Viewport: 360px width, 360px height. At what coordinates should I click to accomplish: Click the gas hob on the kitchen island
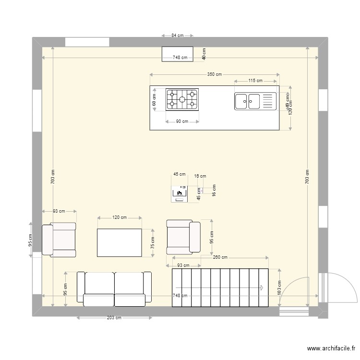coord(182,99)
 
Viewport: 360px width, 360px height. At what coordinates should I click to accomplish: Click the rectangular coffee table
coord(120,243)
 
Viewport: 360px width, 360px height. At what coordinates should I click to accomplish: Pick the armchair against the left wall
coord(59,239)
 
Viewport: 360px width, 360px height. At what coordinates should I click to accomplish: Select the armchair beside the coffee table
coord(183,237)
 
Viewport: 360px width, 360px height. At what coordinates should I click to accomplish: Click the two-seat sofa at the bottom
coord(114,288)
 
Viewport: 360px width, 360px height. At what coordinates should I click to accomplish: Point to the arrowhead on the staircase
coord(262,288)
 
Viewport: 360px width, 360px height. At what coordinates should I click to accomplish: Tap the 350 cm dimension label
coord(215,74)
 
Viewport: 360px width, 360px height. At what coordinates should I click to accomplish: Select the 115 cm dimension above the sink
coord(255,81)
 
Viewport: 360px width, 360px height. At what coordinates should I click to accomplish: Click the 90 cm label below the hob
coord(181,121)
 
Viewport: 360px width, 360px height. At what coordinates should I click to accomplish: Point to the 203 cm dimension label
coord(114,318)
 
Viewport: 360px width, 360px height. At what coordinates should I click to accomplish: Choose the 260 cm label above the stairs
coord(220,258)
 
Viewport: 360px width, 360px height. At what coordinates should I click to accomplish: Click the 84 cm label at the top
coord(177,36)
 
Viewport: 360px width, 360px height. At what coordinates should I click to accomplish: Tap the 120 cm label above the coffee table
coord(119,217)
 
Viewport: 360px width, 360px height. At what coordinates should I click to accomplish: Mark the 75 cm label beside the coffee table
coord(153,243)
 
